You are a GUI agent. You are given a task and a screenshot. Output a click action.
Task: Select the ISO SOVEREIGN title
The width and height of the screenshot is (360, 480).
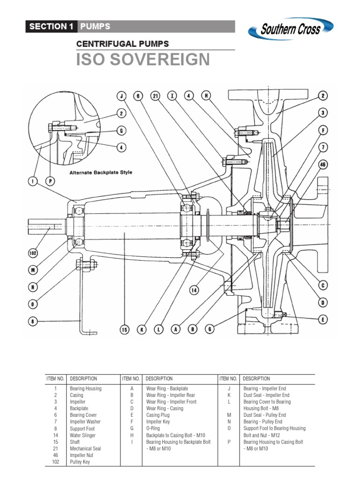[143, 60]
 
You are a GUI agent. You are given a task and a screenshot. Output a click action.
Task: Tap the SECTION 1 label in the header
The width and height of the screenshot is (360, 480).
[51, 26]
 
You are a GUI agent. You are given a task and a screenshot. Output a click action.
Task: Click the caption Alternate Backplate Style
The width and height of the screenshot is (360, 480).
[101, 172]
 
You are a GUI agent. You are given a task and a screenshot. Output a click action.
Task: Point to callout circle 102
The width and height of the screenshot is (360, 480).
[33, 254]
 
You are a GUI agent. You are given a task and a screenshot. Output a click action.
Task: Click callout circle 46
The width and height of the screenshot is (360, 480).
[322, 165]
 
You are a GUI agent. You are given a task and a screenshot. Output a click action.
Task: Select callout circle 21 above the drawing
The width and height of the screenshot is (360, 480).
[156, 96]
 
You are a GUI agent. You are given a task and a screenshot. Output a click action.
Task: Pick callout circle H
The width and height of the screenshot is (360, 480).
[205, 96]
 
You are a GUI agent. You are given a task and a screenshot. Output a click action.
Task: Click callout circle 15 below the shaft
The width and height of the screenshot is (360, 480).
[124, 330]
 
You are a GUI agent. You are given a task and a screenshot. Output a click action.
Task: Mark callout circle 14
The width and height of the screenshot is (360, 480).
[194, 290]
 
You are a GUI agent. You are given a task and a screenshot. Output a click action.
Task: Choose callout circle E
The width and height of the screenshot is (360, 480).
[323, 319]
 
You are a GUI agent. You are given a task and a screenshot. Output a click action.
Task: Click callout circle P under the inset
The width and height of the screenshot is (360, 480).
[51, 180]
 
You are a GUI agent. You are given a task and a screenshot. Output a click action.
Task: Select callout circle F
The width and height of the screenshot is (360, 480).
[322, 130]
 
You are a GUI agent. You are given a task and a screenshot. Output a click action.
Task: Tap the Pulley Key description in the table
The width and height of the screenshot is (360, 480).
[80, 462]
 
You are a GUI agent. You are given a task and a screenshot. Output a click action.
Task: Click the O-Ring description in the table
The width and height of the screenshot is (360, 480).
[153, 428]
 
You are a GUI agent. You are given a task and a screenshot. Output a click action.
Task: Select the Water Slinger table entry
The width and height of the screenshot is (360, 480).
[82, 435]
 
